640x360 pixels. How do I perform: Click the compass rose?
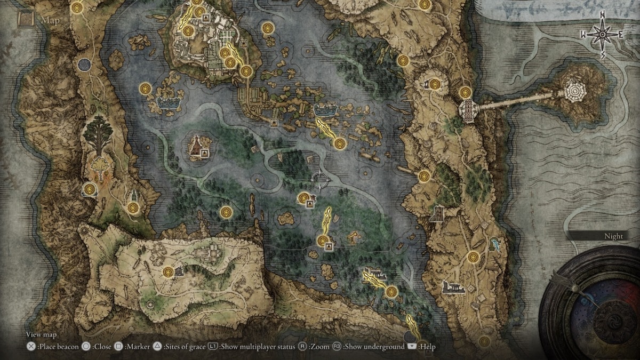(x=602, y=34)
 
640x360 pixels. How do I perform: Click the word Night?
(x=613, y=236)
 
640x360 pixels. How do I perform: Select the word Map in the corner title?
(x=48, y=21)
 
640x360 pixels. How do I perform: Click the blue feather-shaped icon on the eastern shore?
(x=497, y=245)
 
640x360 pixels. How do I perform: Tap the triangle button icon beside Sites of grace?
(x=157, y=347)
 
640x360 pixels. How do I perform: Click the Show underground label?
(x=374, y=347)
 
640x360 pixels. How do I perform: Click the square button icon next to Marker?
(x=118, y=347)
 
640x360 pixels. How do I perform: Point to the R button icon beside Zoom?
(x=302, y=347)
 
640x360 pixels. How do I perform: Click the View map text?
(x=41, y=335)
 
